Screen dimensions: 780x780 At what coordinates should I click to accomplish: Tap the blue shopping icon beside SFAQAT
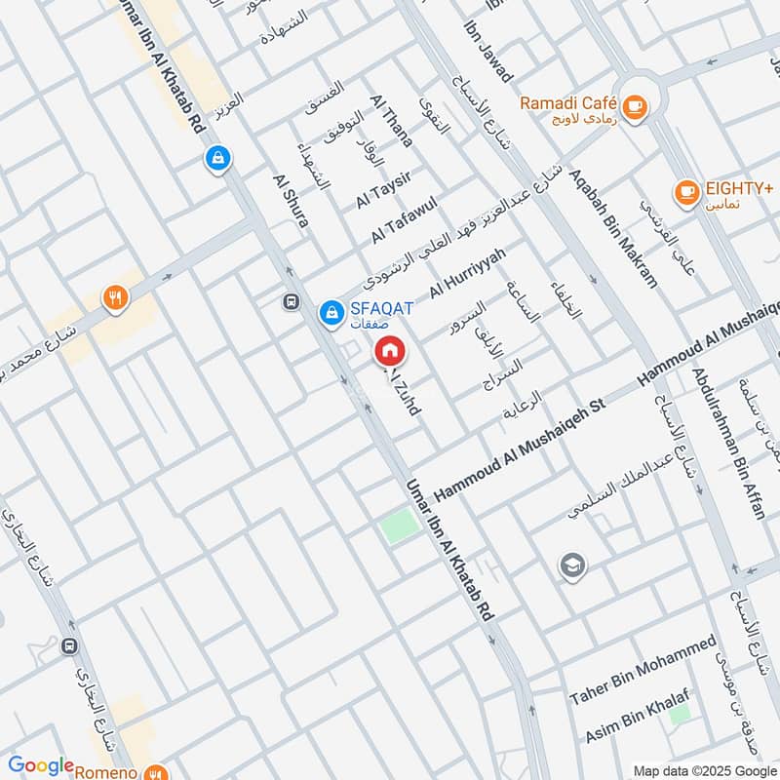[x=330, y=313]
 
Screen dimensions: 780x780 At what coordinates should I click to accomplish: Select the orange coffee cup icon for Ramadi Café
[x=634, y=106]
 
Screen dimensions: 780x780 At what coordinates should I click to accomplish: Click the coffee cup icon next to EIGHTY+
[x=686, y=191]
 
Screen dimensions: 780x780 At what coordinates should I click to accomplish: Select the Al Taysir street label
[x=384, y=187]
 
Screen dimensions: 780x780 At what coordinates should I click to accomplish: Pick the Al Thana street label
[x=392, y=121]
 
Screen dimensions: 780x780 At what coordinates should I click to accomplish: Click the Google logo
[x=41, y=765]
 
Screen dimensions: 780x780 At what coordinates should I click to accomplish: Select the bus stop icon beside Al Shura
[x=291, y=301]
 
